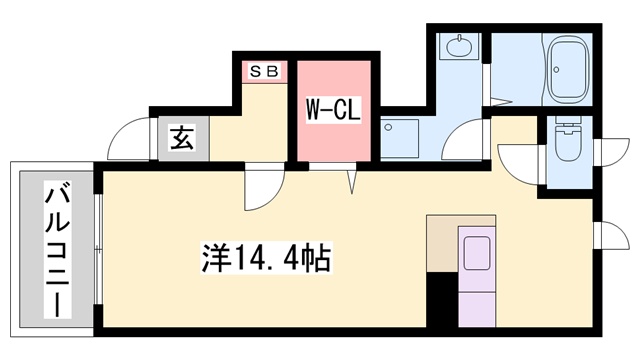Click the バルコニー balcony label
[x=56, y=249]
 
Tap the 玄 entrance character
[x=181, y=139]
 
